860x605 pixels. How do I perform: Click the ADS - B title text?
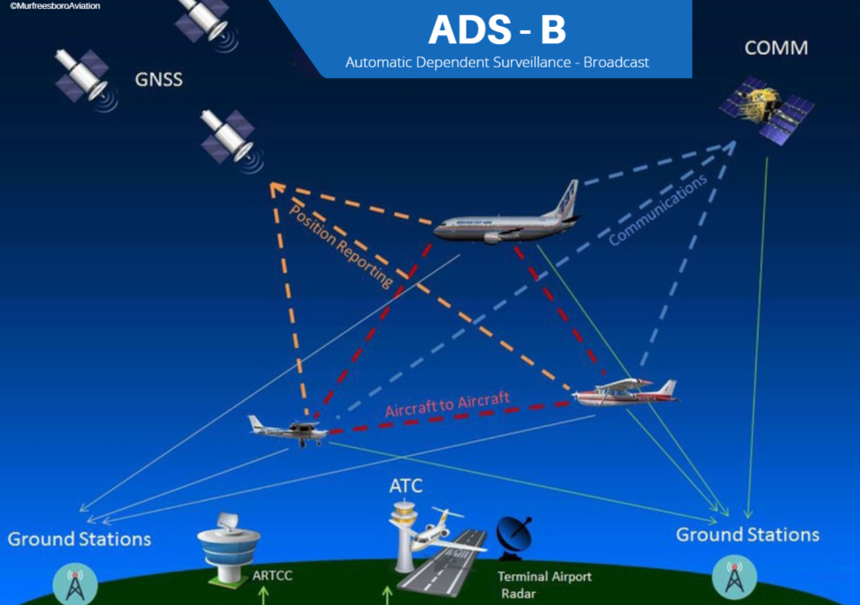tap(497, 30)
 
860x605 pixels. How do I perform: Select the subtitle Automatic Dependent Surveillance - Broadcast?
tap(497, 62)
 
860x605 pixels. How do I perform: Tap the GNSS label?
tap(159, 81)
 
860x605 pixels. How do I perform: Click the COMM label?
tap(776, 48)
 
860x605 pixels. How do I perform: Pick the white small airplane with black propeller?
tap(288, 430)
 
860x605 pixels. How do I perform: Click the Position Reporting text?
tap(341, 246)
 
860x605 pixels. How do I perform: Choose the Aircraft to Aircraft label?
tap(447, 405)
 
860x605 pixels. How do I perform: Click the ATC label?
tap(406, 486)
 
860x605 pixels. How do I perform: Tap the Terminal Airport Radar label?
tap(545, 584)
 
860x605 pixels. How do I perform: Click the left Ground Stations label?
tap(79, 539)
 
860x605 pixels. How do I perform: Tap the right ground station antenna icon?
tap(734, 577)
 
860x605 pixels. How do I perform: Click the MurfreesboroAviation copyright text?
tap(55, 6)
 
